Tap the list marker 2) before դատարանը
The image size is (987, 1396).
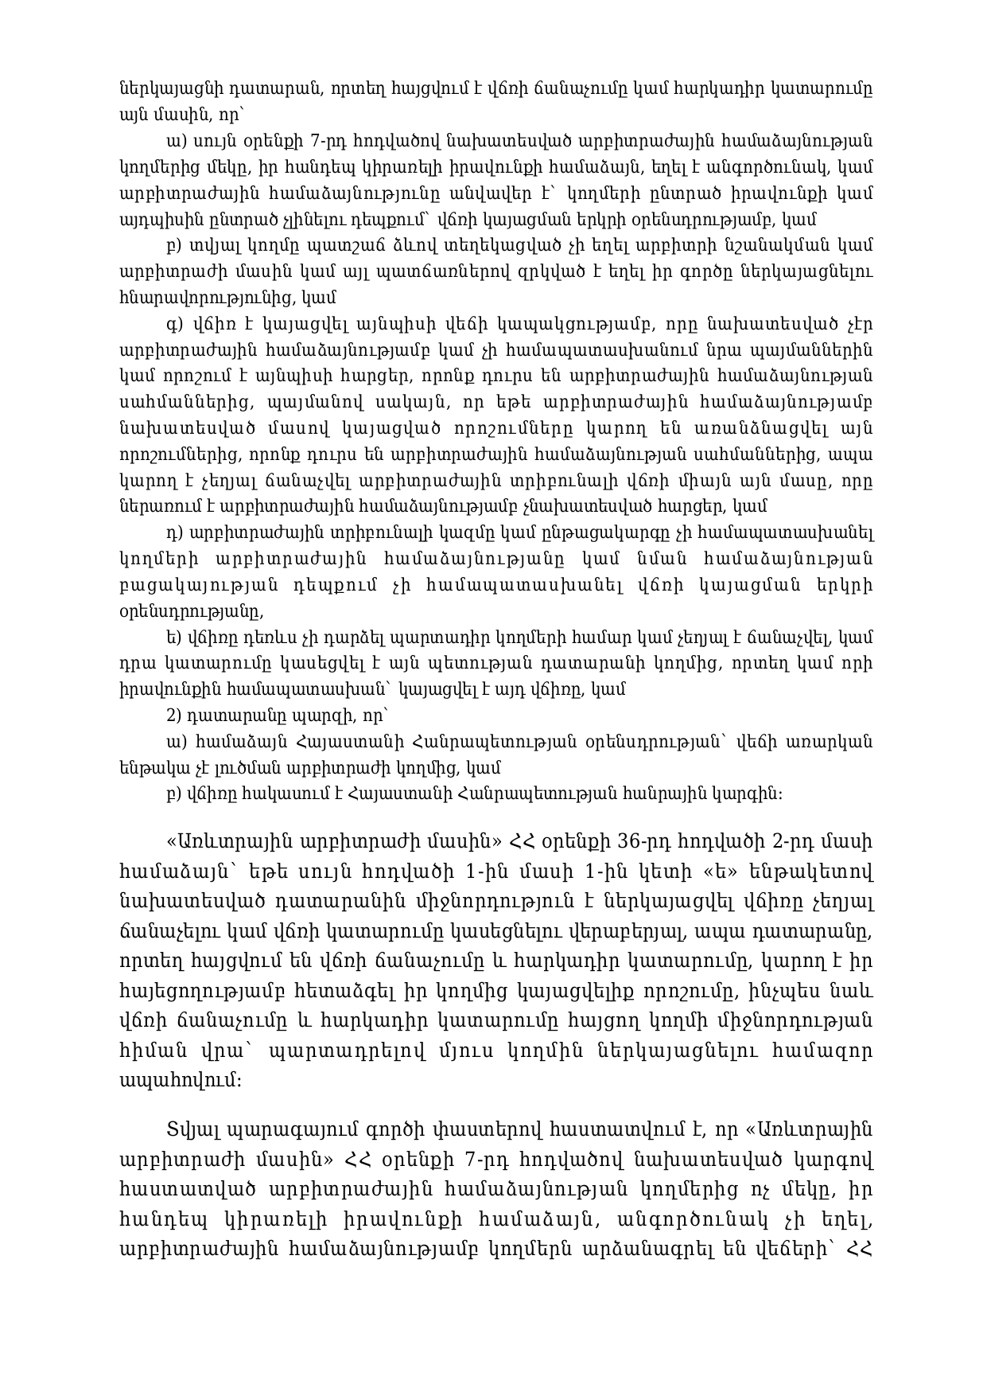[x=176, y=715]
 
